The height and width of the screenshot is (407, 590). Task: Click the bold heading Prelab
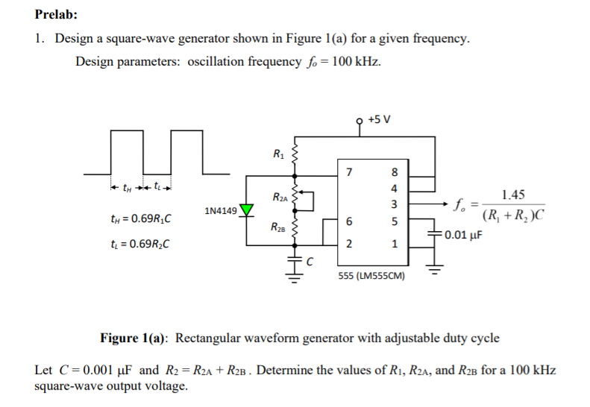56,14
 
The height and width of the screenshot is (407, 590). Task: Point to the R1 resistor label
278,155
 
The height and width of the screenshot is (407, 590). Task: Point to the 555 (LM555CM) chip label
372,275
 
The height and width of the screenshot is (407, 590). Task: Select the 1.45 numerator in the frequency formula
513,195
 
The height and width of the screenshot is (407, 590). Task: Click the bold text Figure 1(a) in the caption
135,338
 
